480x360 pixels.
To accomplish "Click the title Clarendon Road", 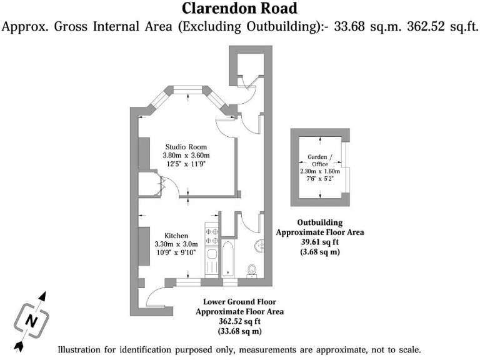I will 239,9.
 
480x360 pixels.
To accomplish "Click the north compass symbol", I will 29,320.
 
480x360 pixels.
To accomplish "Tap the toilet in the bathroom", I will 252,268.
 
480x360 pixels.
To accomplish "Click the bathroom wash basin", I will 259,245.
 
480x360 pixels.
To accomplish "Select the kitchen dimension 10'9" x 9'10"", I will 175,252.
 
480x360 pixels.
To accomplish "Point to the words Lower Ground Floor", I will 239,301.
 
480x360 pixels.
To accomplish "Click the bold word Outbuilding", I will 319,222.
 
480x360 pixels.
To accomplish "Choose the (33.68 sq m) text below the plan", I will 239,331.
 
